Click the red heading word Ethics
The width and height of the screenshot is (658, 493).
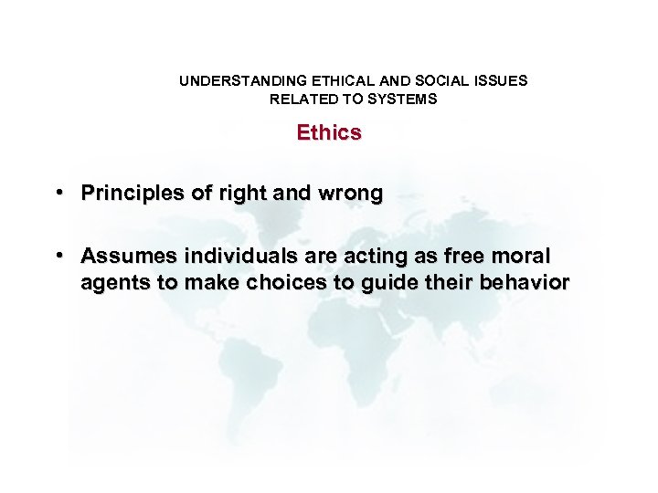[329, 133]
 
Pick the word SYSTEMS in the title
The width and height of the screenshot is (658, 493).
[403, 99]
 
